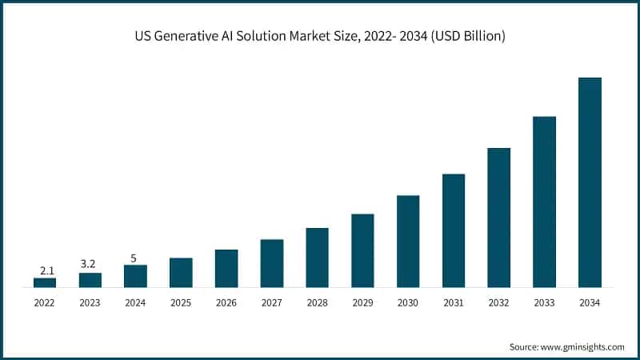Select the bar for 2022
pos(45,282)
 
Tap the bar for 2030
pos(408,241)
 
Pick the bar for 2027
pos(272,263)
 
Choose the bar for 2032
pos(498,218)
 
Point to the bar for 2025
pos(181,272)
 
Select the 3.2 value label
pos(90,263)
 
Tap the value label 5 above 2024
pos(135,258)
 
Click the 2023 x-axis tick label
pos(90,303)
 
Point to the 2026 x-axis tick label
pos(226,303)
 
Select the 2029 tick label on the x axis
pos(362,303)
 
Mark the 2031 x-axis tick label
pos(454,303)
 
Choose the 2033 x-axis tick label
pos(544,303)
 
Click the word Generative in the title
pos(186,38)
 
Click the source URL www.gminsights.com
pos(581,346)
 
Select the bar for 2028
pos(317,258)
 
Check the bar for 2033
pos(544,202)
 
